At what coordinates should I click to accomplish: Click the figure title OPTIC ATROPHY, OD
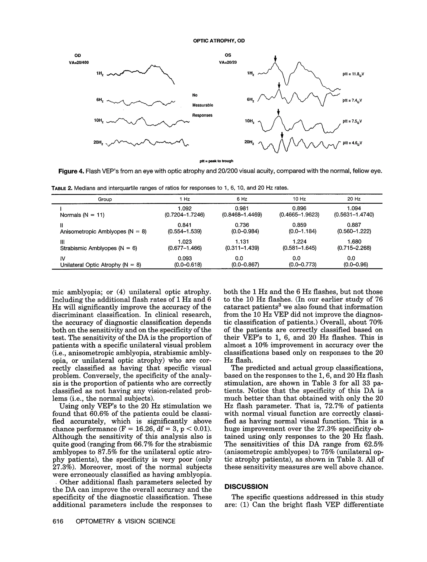pos(219,41)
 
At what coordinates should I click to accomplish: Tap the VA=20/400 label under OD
pos(79,62)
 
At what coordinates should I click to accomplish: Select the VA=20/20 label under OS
pos(228,62)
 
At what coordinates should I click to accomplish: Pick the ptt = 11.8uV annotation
pos(353,74)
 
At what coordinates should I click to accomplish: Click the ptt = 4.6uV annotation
pos(352,143)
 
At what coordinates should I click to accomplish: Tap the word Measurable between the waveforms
pos(202,105)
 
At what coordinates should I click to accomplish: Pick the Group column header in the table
pos(105,199)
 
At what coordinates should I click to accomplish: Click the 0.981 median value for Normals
pos(242,208)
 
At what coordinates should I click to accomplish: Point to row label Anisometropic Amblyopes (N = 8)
pos(103,231)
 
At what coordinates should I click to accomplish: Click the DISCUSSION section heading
pos(246,487)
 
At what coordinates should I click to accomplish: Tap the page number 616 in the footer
pos(58,521)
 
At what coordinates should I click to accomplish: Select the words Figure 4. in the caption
pos(71,171)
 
